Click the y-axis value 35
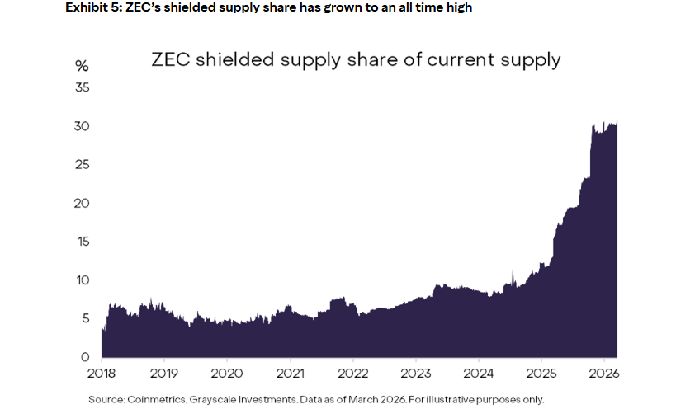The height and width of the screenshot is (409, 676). click(x=82, y=87)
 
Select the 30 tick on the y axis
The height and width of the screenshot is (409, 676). click(x=82, y=126)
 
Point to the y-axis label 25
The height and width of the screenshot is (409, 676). click(x=82, y=165)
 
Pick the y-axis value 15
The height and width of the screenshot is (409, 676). click(x=82, y=242)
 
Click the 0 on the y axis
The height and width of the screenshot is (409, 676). click(x=85, y=358)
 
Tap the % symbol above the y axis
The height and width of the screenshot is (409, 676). click(x=82, y=66)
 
